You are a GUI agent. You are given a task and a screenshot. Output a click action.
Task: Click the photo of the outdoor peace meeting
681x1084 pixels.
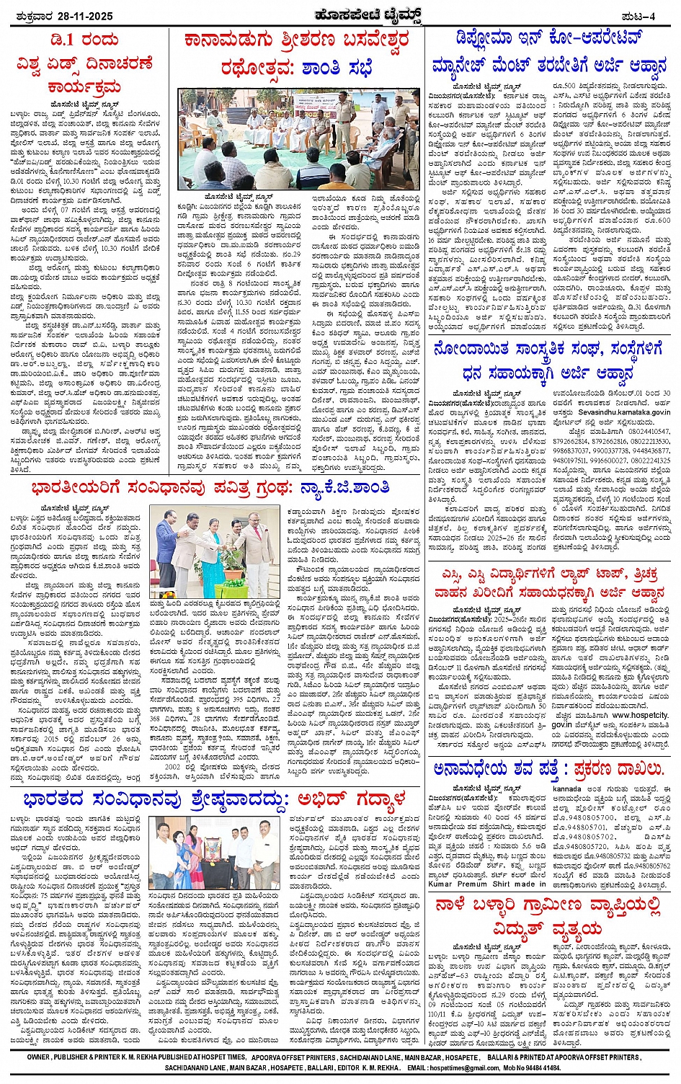point(299,140)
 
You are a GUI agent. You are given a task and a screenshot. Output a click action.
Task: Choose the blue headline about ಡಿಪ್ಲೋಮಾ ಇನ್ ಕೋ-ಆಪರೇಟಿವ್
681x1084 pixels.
point(551,51)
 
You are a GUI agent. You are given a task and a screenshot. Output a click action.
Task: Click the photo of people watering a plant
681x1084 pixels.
point(214,552)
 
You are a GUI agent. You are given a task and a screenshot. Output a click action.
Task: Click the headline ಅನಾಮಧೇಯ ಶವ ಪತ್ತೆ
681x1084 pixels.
point(551,768)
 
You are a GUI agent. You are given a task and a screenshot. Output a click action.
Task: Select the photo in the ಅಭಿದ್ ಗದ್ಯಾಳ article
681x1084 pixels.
point(214,853)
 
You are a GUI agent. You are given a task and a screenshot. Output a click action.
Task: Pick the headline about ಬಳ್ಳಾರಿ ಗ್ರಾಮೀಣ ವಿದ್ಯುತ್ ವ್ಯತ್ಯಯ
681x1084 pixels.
point(551,917)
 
